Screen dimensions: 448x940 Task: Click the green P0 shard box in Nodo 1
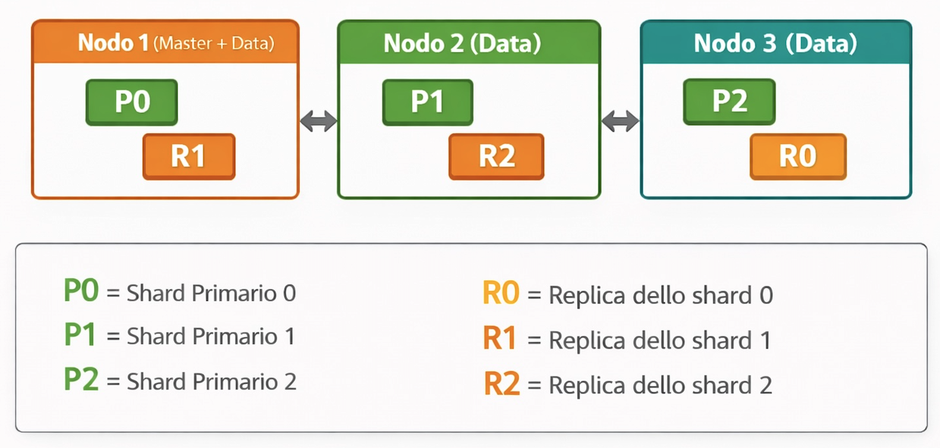point(132,102)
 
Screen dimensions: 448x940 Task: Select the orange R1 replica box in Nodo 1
point(189,157)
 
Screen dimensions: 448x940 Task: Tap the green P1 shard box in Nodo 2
point(427,102)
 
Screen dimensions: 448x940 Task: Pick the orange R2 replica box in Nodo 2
point(496,157)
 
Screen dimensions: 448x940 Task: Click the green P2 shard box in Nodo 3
point(729,102)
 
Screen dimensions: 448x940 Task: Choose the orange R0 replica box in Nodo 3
point(797,157)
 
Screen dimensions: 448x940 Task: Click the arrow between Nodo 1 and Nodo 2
point(319,121)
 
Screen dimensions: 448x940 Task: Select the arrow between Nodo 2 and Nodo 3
point(621,121)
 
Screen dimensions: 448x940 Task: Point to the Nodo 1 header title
point(113,43)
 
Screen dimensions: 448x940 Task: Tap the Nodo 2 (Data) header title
point(462,43)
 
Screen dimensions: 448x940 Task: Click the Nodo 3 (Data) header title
point(775,43)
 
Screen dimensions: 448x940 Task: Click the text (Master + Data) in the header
point(213,44)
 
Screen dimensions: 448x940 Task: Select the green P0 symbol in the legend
point(81,292)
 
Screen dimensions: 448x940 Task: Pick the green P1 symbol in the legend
point(80,336)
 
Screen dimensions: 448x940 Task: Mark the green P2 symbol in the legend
point(81,380)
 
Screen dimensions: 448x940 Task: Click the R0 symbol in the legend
point(501,294)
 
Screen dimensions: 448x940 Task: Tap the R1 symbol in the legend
point(500,339)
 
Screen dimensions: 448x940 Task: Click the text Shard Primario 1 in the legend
point(211,337)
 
